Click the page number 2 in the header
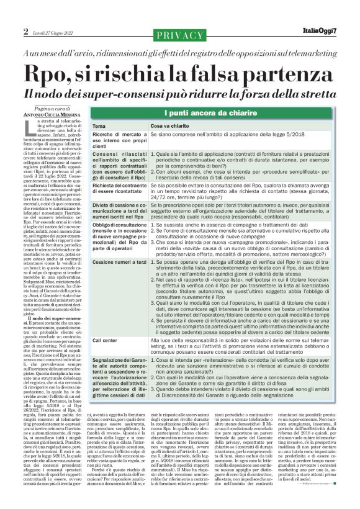coord(26,31)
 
